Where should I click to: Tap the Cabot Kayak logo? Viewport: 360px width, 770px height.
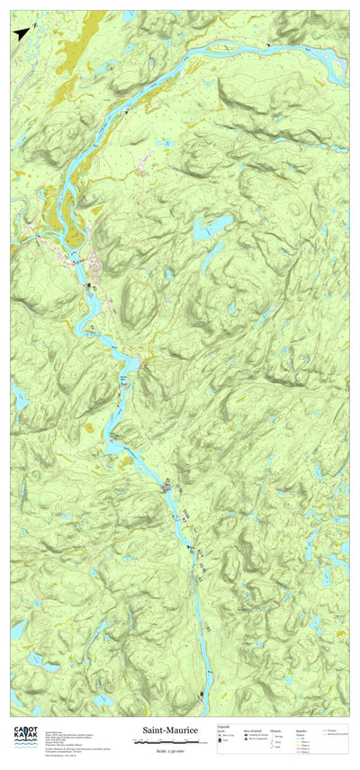click(x=24, y=737)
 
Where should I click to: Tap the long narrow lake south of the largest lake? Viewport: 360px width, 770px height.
click(x=210, y=259)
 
